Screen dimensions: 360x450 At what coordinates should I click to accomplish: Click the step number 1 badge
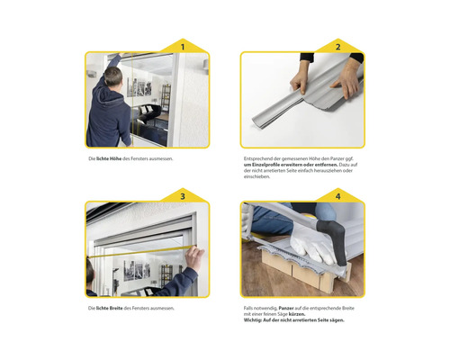click(184, 46)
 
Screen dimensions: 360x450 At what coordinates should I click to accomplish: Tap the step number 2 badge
click(338, 46)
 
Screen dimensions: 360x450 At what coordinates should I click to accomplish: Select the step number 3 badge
click(184, 195)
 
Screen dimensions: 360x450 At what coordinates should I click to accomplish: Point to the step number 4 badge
click(338, 195)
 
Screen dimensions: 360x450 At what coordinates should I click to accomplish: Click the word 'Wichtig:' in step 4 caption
click(257, 321)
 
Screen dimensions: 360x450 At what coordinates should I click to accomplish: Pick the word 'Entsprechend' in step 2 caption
click(261, 159)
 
